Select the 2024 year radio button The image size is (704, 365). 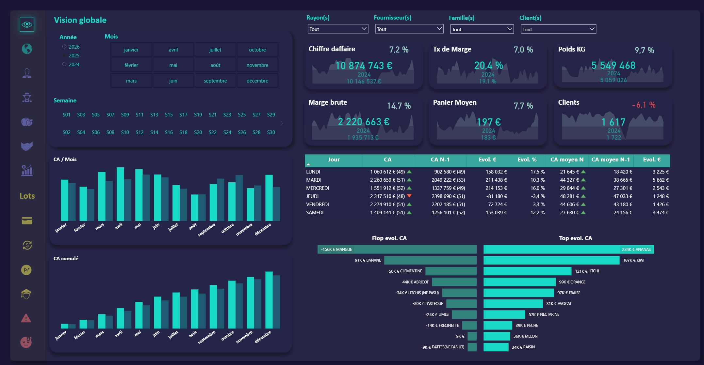pos(64,64)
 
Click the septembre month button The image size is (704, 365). pos(215,81)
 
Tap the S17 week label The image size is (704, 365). pos(183,115)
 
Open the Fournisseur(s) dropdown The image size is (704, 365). pos(409,29)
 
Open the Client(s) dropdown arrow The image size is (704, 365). pos(592,29)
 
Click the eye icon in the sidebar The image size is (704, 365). pos(27,24)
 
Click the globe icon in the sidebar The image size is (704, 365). pos(27,49)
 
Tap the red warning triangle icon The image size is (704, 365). pos(26,318)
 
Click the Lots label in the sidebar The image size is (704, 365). pos(27,196)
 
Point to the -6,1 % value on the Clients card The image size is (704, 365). pos(644,105)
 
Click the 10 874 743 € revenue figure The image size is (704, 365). pos(364,66)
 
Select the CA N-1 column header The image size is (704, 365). pos(440,160)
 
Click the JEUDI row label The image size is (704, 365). pos(312,196)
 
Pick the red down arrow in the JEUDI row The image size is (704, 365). pos(409,196)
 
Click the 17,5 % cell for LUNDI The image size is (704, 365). pos(537,172)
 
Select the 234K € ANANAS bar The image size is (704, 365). pos(568,250)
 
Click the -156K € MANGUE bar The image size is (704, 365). pos(397,250)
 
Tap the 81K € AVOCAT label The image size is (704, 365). pos(559,304)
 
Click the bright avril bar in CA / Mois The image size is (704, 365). pos(120,194)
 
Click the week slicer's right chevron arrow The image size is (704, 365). pos(282,123)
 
